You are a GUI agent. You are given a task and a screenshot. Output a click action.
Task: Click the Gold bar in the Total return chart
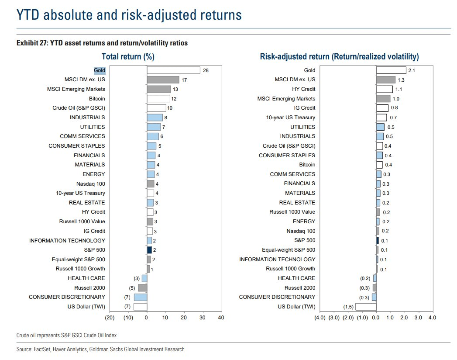pos(173,70)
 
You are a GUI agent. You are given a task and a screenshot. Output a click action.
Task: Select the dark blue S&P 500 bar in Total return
pos(149,250)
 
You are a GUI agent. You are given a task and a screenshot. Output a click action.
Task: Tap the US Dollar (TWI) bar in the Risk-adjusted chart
pos(366,307)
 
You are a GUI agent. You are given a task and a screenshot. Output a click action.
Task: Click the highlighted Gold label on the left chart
pos(99,70)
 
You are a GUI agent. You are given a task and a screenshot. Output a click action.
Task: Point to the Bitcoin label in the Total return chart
pos(97,99)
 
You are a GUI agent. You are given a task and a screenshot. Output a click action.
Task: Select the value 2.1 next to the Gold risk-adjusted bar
pos(412,70)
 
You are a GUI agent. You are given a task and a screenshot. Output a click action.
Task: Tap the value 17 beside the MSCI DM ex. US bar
pos(185,80)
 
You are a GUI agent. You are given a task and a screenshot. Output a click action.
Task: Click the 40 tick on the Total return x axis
pos(221,318)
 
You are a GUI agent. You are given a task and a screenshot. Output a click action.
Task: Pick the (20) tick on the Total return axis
pos(110,318)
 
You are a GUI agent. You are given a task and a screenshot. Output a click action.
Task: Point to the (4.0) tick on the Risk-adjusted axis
pos(320,318)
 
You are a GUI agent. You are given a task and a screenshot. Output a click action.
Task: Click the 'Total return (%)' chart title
pos(128,57)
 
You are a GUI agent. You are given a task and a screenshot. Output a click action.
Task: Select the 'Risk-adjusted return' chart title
pos(339,57)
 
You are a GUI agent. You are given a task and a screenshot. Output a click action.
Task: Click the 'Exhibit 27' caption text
pos(102,43)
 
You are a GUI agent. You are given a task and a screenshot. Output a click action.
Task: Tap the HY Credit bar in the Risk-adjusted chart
pos(385,89)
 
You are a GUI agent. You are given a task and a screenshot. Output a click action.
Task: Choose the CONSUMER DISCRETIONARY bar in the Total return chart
pos(141,297)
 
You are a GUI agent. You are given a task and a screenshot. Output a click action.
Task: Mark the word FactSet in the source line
pos(41,349)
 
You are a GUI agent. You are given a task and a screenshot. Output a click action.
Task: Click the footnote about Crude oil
pos(67,335)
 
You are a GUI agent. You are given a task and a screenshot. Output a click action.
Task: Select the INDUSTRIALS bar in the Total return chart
pos(155,118)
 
